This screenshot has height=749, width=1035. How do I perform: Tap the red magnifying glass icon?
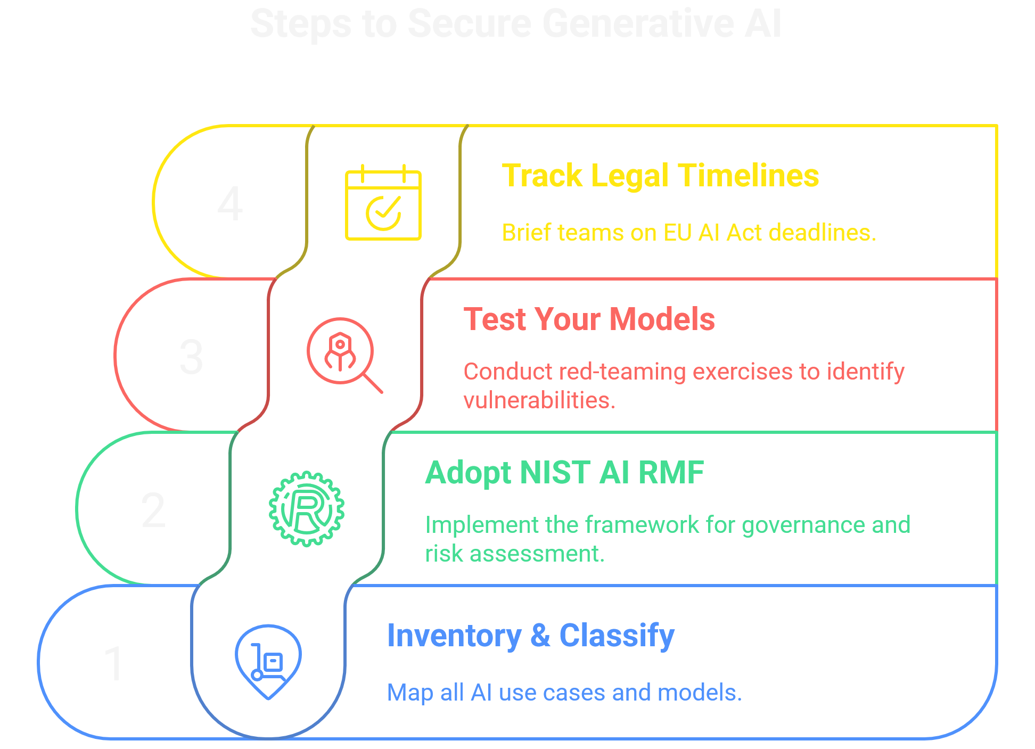pyautogui.click(x=343, y=353)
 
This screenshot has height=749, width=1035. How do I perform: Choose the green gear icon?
pyautogui.click(x=306, y=508)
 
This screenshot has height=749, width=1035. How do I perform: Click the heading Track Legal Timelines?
pyautogui.click(x=660, y=176)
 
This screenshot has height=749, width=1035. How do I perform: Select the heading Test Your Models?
pyautogui.click(x=589, y=319)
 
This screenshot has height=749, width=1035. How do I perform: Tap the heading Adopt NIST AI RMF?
pyautogui.click(x=564, y=473)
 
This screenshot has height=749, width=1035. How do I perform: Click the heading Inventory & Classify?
pyautogui.click(x=530, y=636)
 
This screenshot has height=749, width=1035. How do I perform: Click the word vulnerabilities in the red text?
pyautogui.click(x=539, y=400)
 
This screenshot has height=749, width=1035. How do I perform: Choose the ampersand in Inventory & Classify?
pyautogui.click(x=540, y=636)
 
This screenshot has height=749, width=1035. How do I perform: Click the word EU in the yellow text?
pyautogui.click(x=677, y=233)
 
